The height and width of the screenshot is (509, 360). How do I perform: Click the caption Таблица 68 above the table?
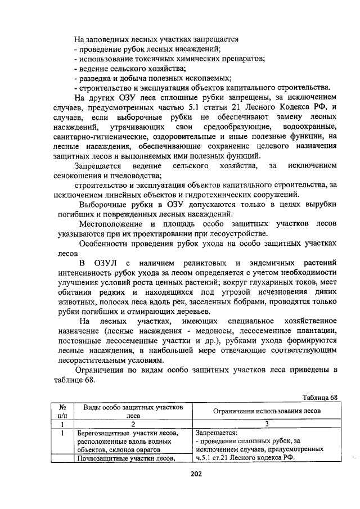pos(319,398)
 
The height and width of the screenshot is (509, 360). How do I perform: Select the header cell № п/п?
pos(62,411)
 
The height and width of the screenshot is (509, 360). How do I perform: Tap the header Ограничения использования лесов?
pos(267,411)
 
